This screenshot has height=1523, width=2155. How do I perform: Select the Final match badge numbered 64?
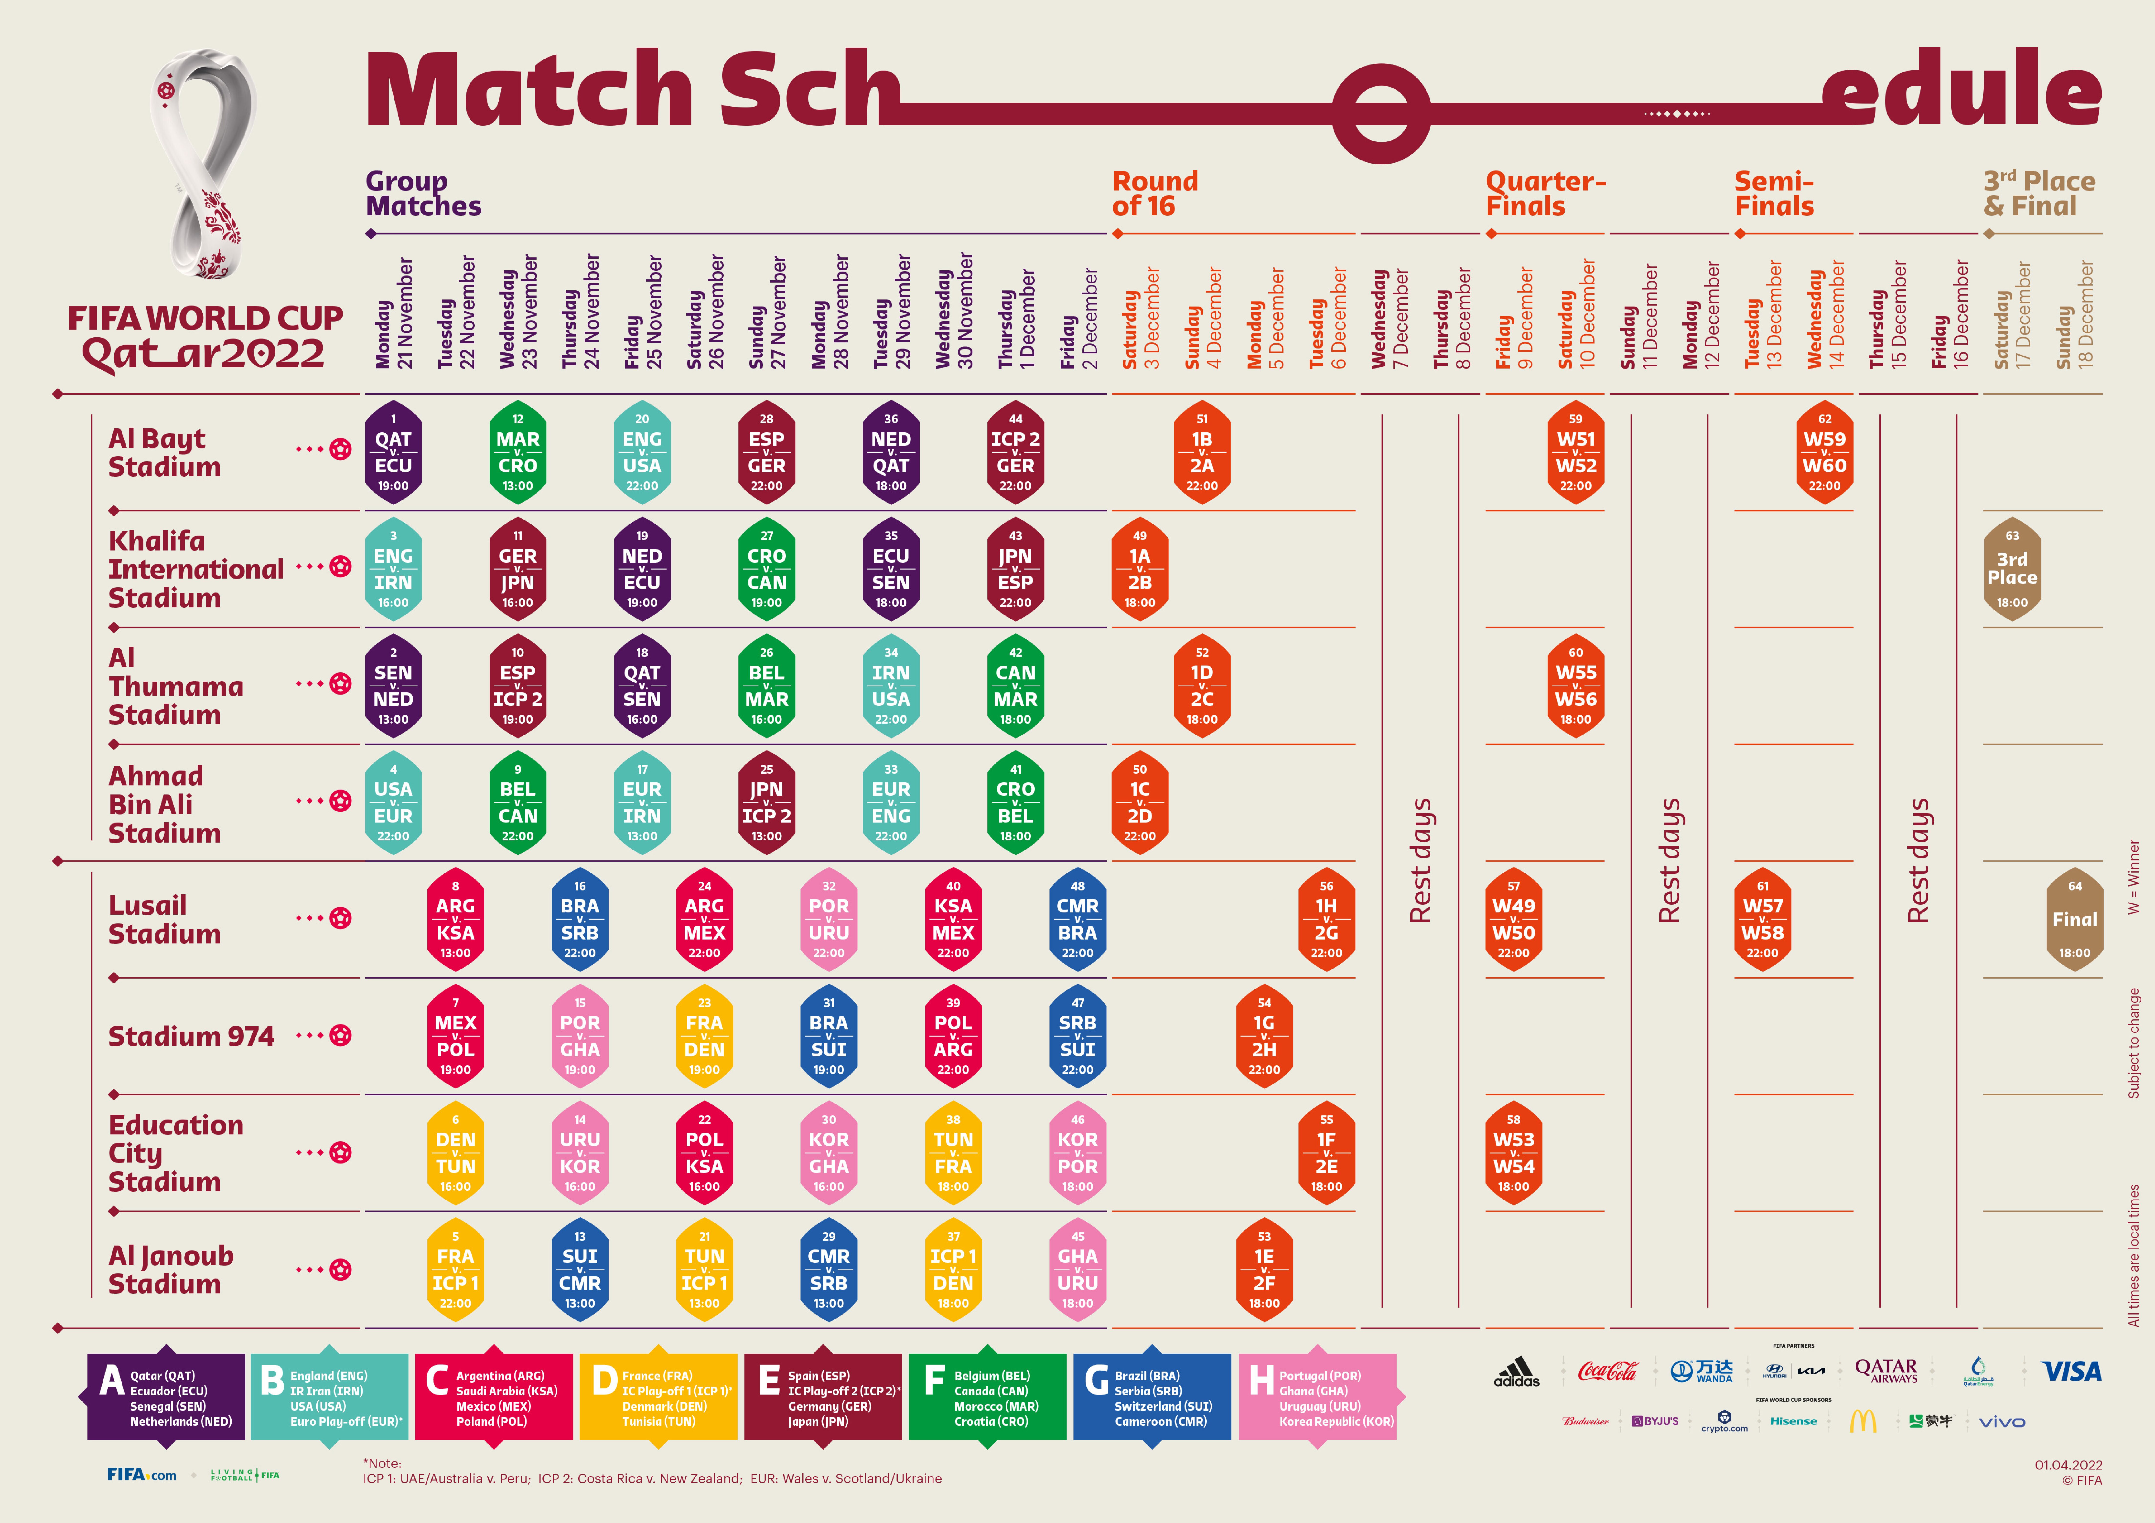[2074, 920]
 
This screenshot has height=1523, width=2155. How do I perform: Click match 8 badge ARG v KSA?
[455, 920]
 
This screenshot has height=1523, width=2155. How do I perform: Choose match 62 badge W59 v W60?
[1824, 452]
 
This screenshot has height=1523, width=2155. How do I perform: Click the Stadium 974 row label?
[192, 1036]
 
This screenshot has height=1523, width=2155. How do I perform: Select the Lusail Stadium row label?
[164, 920]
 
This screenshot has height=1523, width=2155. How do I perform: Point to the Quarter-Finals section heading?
[1545, 193]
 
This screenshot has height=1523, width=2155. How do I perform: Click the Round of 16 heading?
[1154, 193]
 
